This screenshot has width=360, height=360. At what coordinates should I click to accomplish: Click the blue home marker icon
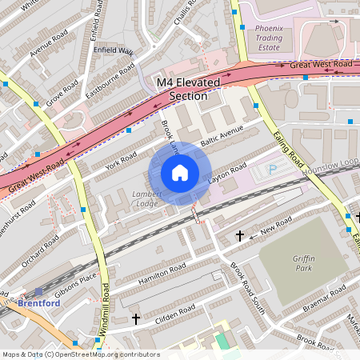(180, 173)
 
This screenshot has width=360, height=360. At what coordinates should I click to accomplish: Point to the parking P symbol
(272, 170)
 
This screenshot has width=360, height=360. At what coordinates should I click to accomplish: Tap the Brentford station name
(39, 304)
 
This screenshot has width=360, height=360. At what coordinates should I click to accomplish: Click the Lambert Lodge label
(146, 198)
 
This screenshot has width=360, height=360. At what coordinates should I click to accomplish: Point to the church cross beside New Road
(240, 236)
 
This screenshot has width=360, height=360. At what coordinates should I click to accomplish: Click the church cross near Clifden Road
(135, 318)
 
